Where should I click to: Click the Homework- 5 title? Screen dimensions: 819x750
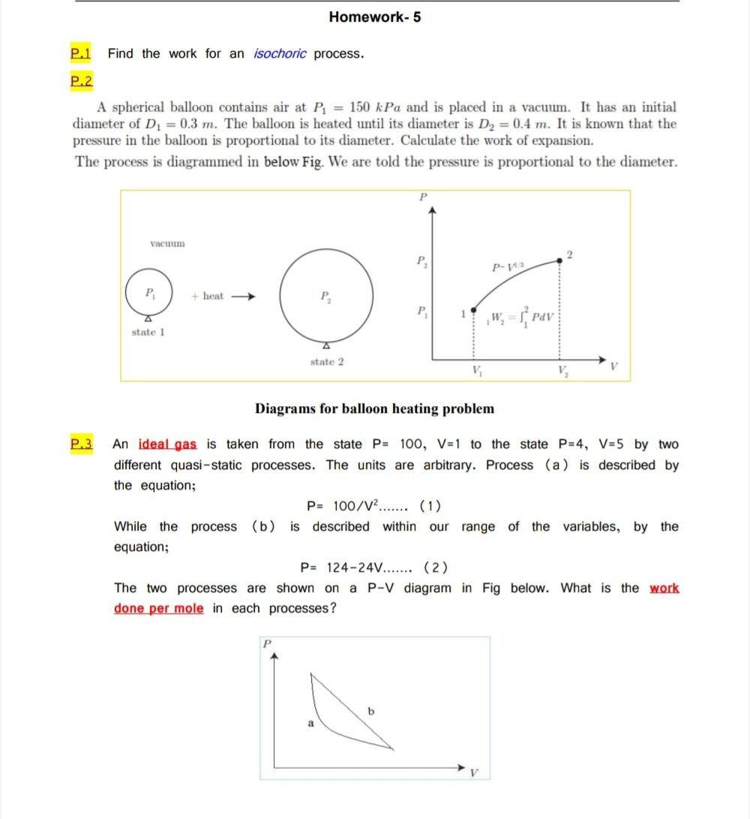point(374,17)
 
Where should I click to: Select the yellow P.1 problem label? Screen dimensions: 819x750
point(80,54)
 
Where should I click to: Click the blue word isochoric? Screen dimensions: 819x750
point(280,54)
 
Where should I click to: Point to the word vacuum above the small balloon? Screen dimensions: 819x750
point(167,244)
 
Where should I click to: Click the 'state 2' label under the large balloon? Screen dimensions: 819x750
point(327,362)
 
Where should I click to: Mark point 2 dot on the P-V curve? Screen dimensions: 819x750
point(560,261)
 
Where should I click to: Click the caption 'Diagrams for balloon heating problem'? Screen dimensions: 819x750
point(374,409)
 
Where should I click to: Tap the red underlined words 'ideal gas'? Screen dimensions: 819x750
point(167,444)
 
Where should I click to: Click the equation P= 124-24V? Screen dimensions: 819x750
point(374,567)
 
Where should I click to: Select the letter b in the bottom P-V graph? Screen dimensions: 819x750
point(370,710)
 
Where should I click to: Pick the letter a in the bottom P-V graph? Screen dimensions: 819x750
point(310,723)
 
